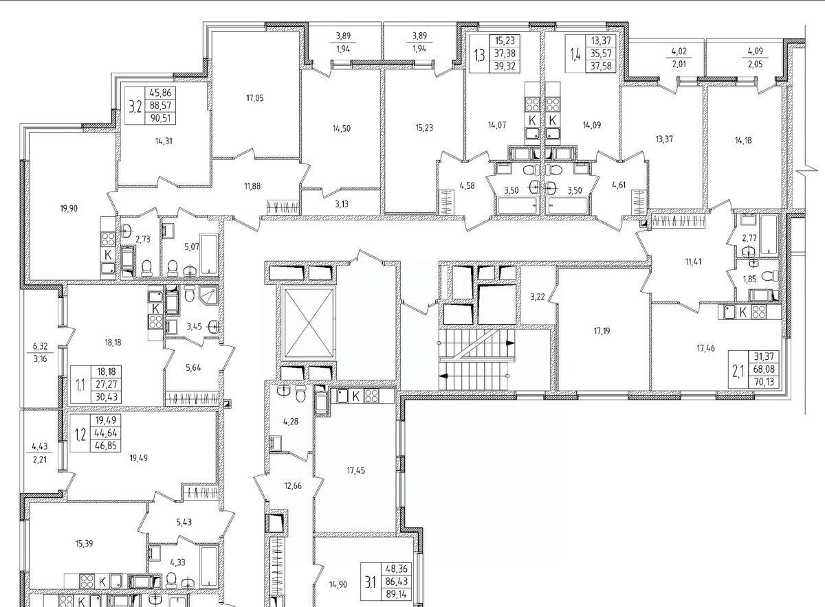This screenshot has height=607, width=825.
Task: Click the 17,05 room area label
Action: [x=255, y=98]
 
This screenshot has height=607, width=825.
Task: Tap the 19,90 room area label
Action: [x=69, y=209]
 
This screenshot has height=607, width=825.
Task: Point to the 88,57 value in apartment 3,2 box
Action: [x=160, y=106]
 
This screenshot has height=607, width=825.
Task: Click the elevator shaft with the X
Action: [x=309, y=323]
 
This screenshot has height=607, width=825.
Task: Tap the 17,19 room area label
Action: [x=602, y=331]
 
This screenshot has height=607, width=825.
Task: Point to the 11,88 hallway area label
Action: [x=252, y=186]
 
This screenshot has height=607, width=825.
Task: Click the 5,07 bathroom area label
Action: [x=192, y=246]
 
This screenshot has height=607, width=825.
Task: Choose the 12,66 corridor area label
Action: [x=293, y=486]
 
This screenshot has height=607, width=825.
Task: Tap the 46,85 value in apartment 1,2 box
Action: [x=106, y=446]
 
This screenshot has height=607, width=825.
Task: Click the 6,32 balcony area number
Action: [x=40, y=346]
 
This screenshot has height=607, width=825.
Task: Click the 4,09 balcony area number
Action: [x=755, y=51]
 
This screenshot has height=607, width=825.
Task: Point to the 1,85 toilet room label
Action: [x=749, y=279]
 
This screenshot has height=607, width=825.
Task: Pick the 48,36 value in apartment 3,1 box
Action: [x=396, y=569]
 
